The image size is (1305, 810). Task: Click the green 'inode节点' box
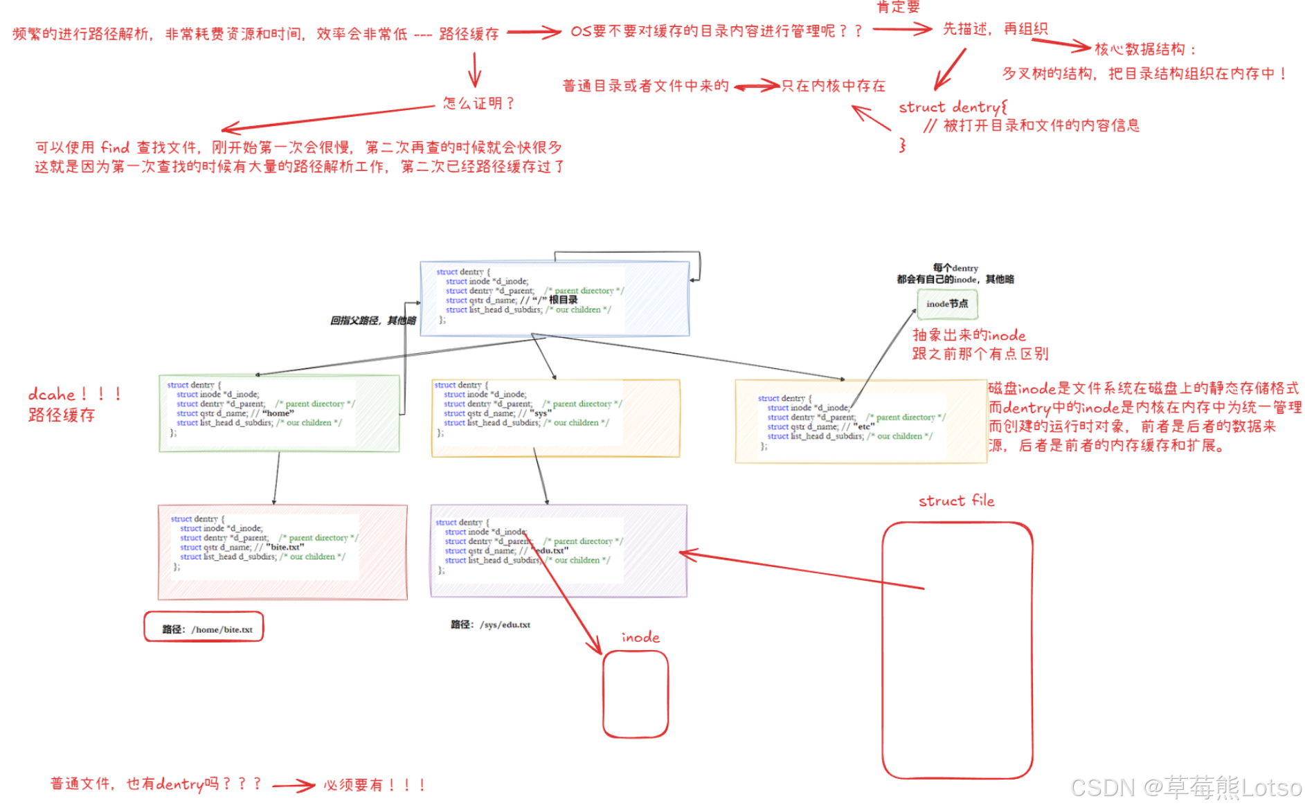click(947, 304)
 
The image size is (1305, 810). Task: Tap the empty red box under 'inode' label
click(635, 694)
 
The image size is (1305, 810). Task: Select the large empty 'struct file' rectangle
click(957, 651)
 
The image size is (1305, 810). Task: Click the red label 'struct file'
click(956, 501)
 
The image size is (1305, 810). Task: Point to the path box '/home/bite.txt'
click(204, 628)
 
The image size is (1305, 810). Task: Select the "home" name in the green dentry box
click(278, 413)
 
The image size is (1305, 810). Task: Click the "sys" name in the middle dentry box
click(541, 413)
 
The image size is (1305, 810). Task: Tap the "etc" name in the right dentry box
click(864, 426)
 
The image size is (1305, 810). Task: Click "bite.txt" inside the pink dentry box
click(286, 547)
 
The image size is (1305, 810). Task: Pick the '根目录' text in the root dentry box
click(564, 300)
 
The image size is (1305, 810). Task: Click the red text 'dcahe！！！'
click(75, 394)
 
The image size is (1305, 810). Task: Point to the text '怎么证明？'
click(479, 103)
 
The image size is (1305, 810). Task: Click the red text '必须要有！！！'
click(375, 784)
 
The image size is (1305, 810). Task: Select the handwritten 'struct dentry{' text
click(953, 107)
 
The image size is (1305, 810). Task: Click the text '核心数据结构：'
click(1146, 49)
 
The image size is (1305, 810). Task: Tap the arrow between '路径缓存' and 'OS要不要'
click(533, 32)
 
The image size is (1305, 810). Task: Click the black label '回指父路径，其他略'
click(373, 321)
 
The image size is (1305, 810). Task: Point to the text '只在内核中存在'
click(834, 86)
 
